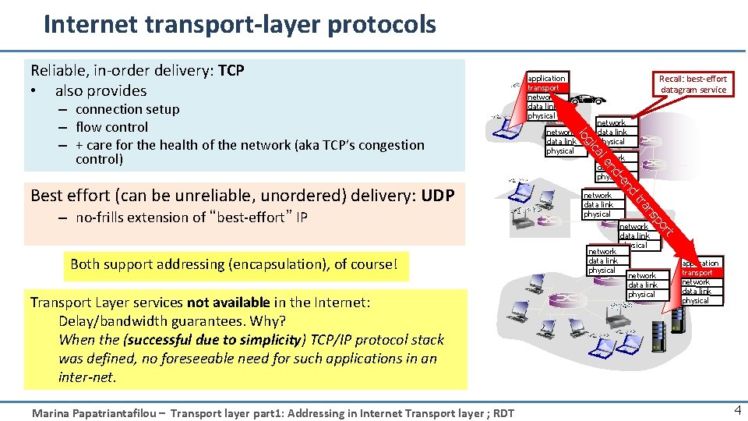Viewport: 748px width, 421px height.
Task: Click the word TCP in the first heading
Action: [231, 71]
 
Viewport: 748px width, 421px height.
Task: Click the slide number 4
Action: [736, 410]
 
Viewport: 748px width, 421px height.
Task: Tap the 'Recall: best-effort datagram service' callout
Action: [693, 84]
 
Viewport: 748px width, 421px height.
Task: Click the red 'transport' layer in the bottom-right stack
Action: [698, 273]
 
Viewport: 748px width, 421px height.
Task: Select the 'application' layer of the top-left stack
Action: [546, 78]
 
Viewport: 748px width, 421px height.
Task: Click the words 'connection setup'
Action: [127, 109]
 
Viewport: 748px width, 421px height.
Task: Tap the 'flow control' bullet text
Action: [111, 127]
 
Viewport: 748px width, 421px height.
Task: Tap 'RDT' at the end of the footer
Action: [504, 413]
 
